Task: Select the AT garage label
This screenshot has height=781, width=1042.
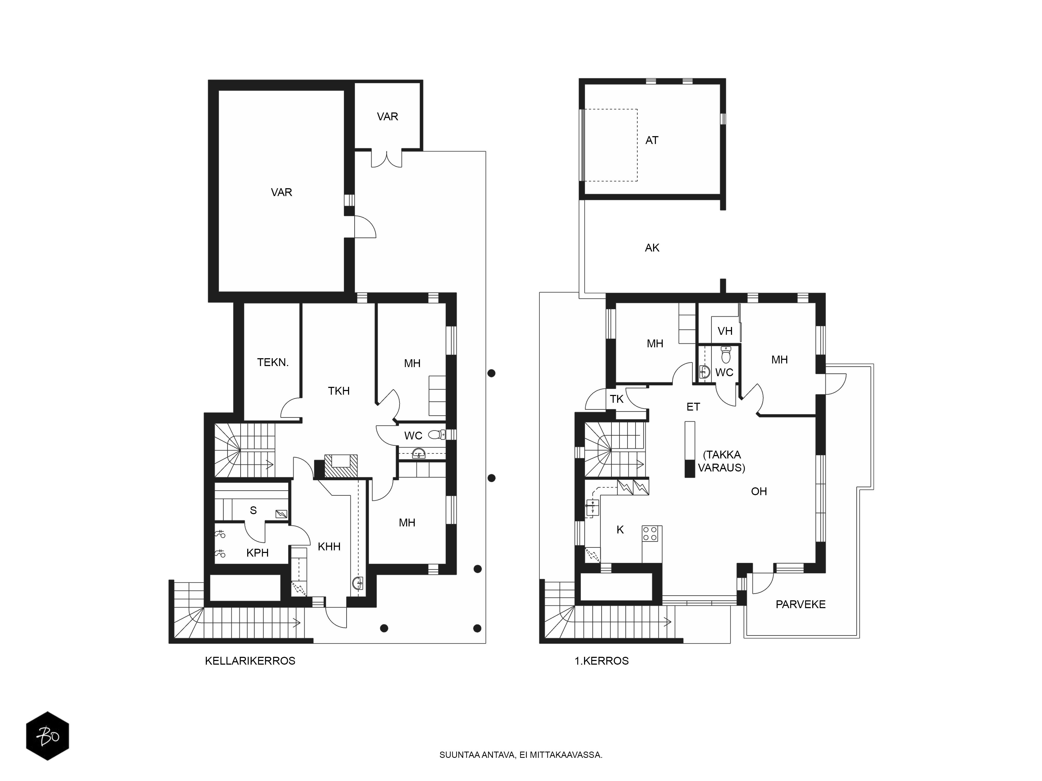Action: click(x=652, y=140)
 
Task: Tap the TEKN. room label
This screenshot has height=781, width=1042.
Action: click(x=273, y=362)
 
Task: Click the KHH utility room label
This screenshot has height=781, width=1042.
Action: click(x=329, y=546)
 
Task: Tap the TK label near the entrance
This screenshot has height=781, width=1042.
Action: click(x=617, y=399)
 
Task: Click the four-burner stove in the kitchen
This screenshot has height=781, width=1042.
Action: click(x=650, y=533)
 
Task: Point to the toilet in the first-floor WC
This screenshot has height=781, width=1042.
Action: click(x=726, y=355)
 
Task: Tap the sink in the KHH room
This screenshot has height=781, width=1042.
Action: click(x=358, y=583)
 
